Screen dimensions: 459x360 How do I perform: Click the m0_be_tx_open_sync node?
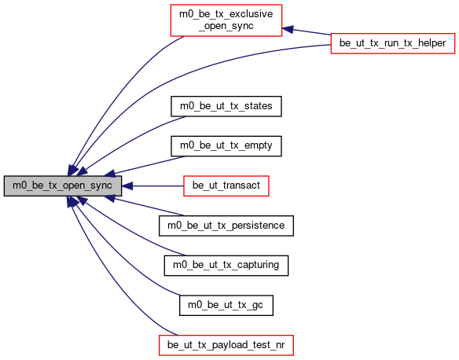pos(63,186)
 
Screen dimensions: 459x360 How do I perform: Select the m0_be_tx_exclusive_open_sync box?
pos(226,20)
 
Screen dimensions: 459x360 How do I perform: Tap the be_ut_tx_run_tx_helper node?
pos(393,43)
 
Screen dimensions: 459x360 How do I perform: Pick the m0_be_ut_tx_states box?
pos(226,106)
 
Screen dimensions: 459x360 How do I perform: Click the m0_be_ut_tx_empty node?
pos(226,146)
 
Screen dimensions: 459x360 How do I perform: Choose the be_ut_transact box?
pos(226,186)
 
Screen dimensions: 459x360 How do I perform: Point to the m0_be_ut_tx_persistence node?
pos(226,226)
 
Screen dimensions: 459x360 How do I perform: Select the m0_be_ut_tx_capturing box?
pos(226,266)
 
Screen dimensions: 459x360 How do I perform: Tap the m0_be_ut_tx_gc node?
pos(226,305)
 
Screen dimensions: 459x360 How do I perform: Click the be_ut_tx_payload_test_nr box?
pos(226,345)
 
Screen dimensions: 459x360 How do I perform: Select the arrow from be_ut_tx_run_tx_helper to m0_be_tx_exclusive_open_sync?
pos(307,31)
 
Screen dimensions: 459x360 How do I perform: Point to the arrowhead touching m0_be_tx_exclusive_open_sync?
pos(288,29)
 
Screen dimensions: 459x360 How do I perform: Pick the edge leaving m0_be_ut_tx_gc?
pos(117,258)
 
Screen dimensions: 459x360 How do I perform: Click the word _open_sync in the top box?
pos(226,26)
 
